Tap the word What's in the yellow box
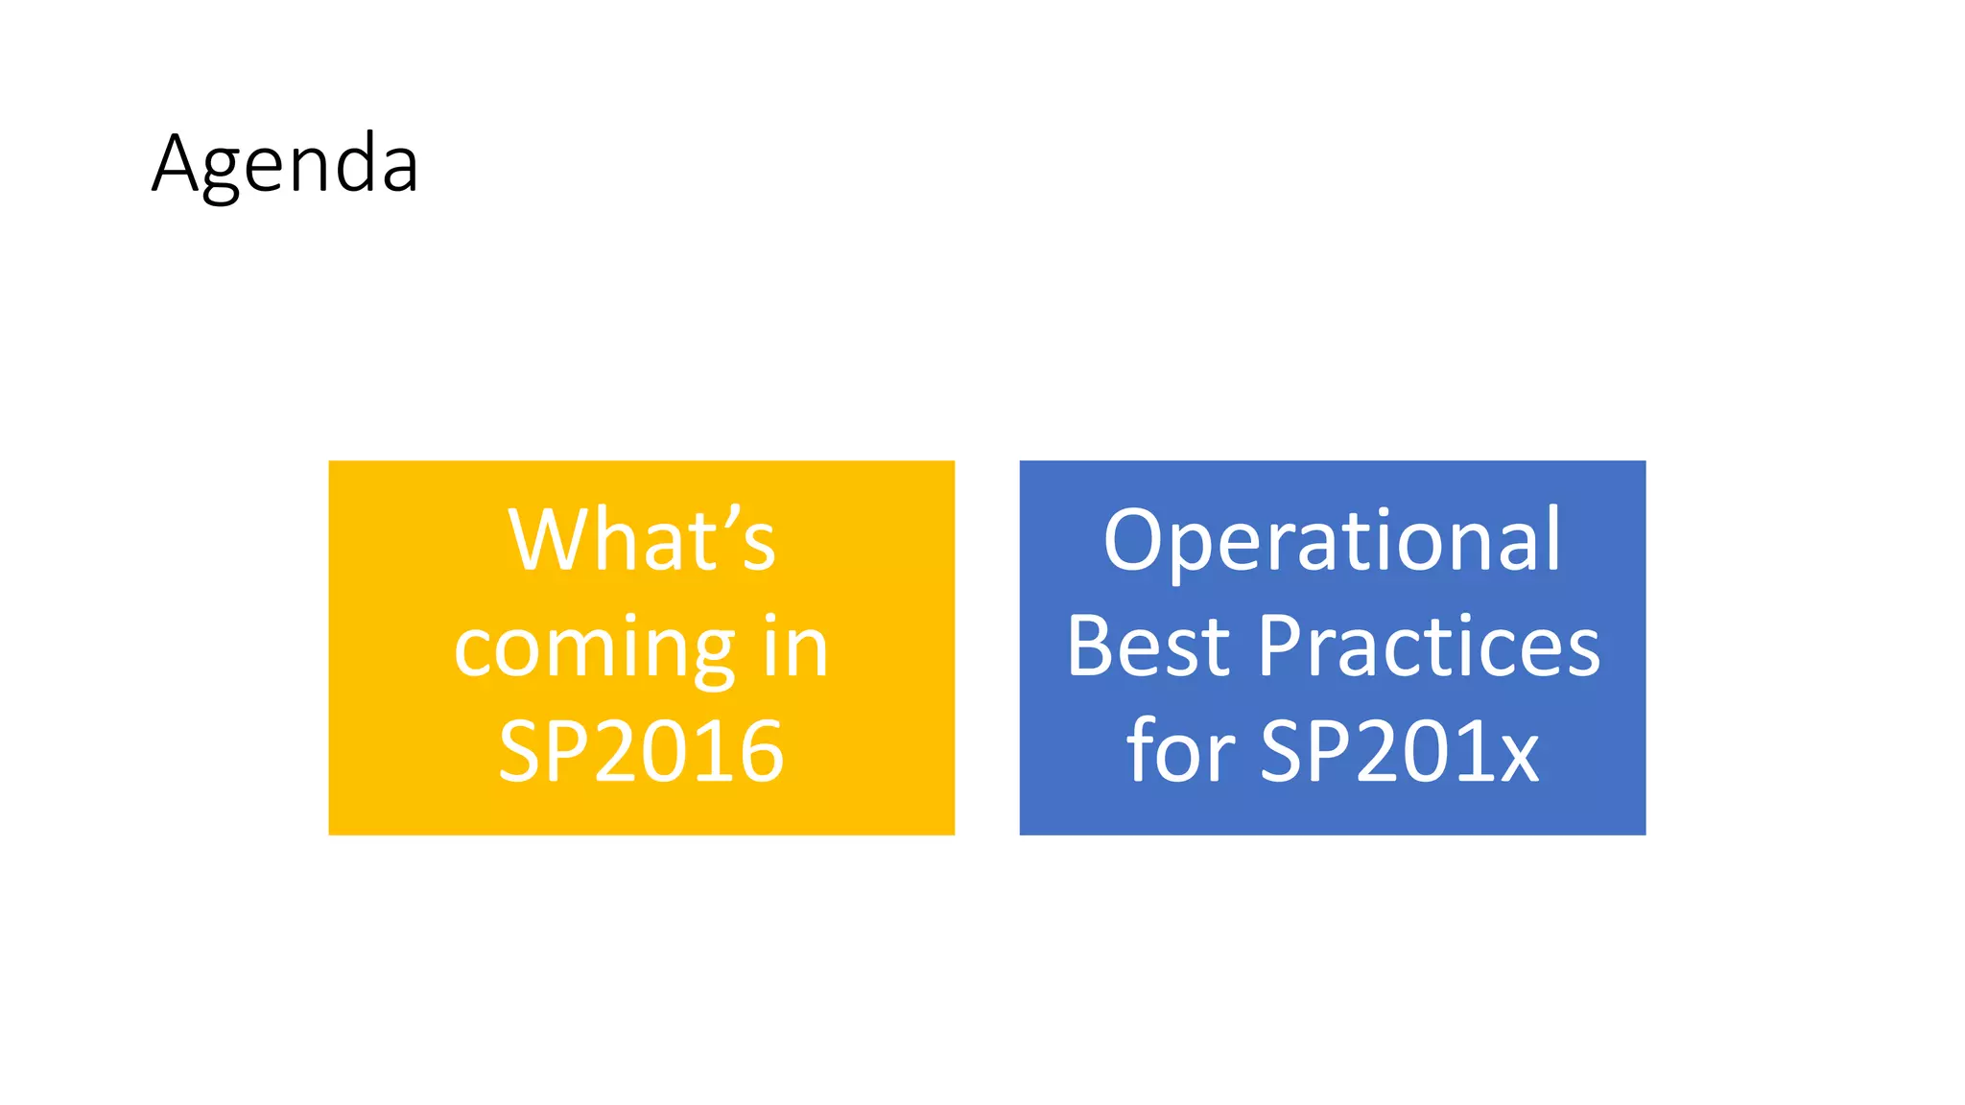click(x=641, y=541)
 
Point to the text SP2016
click(x=641, y=752)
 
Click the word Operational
click(x=1332, y=541)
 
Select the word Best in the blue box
click(x=1148, y=647)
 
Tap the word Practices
click(x=1429, y=647)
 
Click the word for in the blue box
click(x=1180, y=752)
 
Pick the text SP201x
click(x=1399, y=752)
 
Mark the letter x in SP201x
click(x=1518, y=758)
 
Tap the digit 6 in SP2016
click(x=761, y=752)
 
